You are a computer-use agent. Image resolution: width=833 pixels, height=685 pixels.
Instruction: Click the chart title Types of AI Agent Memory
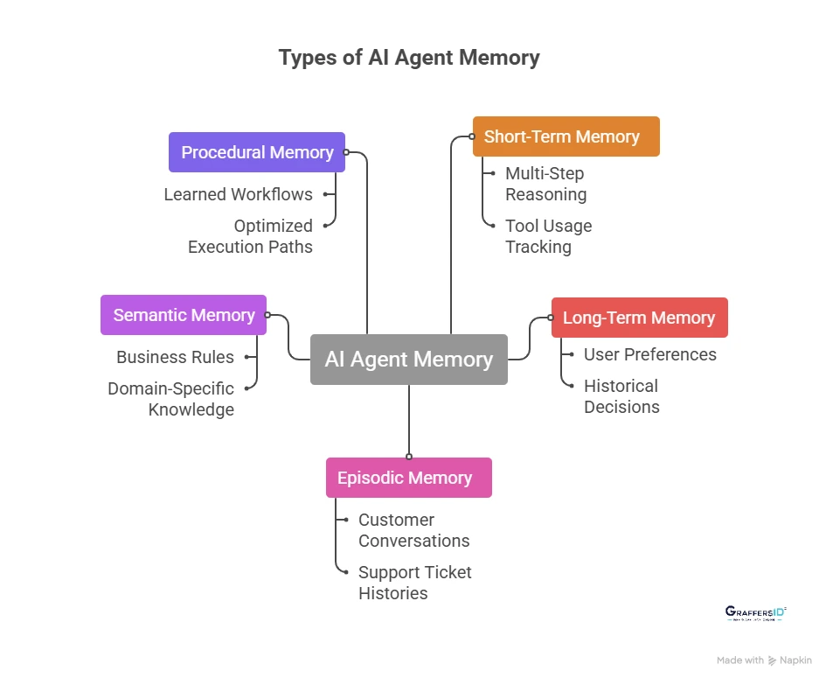point(409,58)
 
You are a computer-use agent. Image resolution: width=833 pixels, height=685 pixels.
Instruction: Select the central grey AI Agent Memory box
point(409,360)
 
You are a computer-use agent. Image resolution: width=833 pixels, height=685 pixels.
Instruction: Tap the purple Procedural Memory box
point(257,152)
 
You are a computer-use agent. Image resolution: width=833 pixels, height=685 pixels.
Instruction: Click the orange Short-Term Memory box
point(566,136)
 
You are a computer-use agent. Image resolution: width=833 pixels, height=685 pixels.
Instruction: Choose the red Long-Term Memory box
point(639,318)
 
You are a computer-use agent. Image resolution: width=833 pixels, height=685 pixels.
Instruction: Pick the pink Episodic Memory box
point(408,478)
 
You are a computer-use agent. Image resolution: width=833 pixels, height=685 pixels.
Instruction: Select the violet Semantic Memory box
point(184,315)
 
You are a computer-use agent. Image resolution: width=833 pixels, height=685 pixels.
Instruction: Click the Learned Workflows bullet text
point(238,194)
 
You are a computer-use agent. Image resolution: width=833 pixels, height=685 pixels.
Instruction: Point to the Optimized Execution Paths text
point(251,236)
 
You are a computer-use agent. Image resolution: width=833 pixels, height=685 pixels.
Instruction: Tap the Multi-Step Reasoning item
point(545,184)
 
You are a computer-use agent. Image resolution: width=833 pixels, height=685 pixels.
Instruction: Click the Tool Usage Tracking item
point(548,236)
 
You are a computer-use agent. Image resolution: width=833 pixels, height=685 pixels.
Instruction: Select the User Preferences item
point(649,354)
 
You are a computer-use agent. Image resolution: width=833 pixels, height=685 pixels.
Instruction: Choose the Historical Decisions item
point(621,396)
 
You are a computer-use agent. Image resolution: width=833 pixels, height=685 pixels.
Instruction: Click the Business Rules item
point(175,357)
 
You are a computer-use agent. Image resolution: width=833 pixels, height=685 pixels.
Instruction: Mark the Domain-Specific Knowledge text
point(171,399)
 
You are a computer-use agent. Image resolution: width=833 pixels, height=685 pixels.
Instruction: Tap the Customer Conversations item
point(413,530)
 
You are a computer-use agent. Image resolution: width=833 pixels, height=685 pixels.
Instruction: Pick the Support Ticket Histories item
point(414,583)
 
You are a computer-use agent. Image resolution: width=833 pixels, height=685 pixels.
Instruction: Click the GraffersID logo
point(756,613)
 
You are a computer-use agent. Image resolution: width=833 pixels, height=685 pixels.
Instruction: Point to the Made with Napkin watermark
point(764,661)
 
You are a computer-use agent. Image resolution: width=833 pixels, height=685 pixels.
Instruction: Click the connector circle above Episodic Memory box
point(409,456)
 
